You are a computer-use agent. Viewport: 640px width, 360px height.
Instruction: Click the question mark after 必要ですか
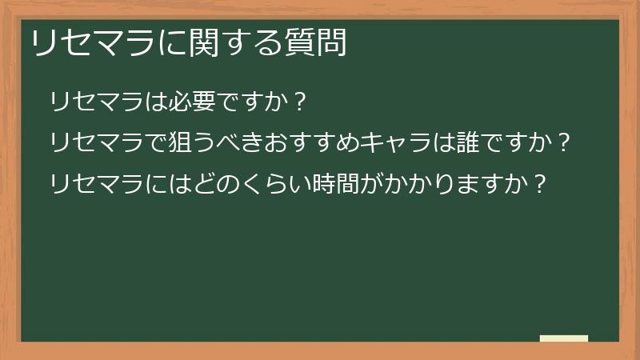coord(299,102)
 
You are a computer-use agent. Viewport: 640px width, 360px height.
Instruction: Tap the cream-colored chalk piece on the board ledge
coord(563,338)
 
